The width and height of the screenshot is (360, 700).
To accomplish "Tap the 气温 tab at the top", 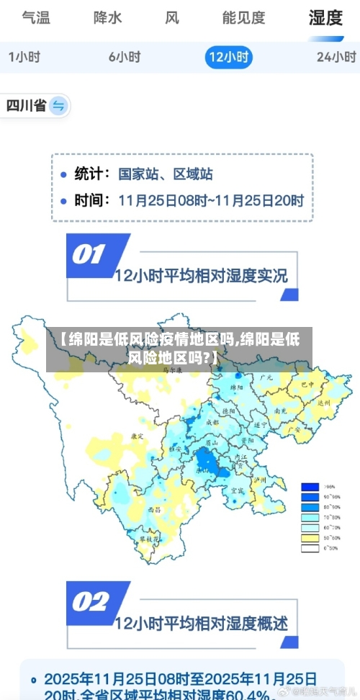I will pos(36,18).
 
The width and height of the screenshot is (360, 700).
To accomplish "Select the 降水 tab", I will pos(107,18).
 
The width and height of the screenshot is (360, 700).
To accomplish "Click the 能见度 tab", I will pos(243,18).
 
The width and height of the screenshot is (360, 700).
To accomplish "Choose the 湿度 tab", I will pos(325,18).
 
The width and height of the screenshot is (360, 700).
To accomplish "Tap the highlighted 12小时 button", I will pos(228,56).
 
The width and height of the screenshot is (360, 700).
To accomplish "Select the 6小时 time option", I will pos(125,56).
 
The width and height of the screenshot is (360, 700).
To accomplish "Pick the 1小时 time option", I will pos(24,56).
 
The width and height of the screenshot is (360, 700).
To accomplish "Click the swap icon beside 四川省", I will pos(58,107).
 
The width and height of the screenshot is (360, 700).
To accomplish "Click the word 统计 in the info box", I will pos(92,174).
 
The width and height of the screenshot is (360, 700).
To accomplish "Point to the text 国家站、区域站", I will pos(166,174).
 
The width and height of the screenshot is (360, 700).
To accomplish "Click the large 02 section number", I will pos(89,602).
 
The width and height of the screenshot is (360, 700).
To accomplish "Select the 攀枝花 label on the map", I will pos(148,538).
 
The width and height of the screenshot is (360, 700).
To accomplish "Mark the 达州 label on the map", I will pos(323,403).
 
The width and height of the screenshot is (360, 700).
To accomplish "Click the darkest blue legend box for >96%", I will pos(310,487).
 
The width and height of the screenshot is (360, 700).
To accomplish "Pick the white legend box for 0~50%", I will pos(310,548).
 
